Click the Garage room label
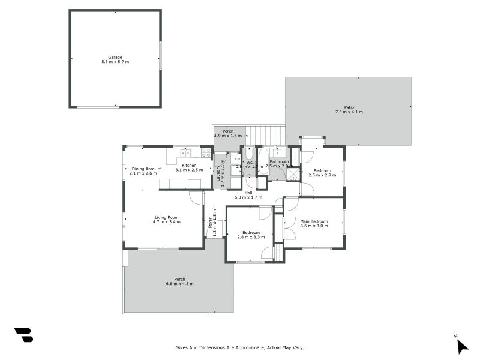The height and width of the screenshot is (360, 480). pos(115,58)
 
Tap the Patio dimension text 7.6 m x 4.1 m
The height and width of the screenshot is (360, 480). pos(349,112)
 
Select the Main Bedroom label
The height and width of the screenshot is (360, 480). pos(314,221)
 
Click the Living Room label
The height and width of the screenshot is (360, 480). pos(167,217)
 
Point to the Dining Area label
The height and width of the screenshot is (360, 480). pos(143,169)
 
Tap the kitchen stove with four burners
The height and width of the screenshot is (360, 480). pos(206,152)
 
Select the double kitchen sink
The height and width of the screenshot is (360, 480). pos(186,152)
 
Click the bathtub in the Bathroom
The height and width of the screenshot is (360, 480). pos(263,162)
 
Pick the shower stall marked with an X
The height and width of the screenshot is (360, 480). pos(293,175)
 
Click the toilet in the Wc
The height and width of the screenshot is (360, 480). pos(250,154)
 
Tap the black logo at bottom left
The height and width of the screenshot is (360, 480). pos(23,335)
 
